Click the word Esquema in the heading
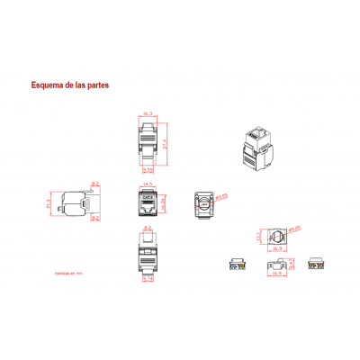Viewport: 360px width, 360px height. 47,86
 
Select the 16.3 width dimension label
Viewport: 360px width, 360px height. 148,114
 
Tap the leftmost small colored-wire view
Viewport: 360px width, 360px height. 238,265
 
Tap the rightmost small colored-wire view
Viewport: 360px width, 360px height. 317,265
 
